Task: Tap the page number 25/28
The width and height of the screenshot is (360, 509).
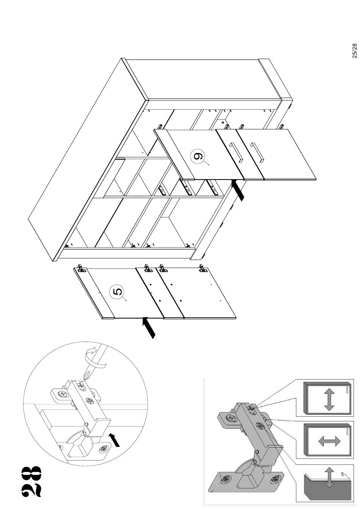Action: pos(355,51)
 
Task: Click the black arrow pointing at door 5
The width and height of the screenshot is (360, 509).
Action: pos(149,328)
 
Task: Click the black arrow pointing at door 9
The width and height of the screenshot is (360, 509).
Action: pos(238,190)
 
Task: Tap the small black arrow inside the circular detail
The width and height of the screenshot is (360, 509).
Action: pos(114,440)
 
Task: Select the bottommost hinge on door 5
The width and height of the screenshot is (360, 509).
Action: pos(202,268)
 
